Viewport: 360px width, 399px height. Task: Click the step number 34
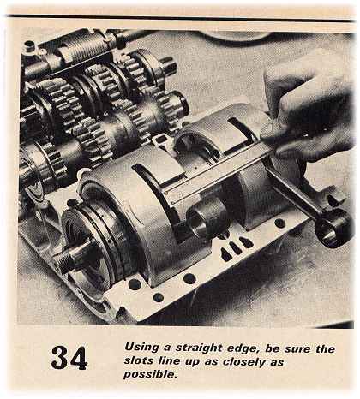click(69, 357)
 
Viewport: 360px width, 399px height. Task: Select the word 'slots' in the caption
click(141, 362)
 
